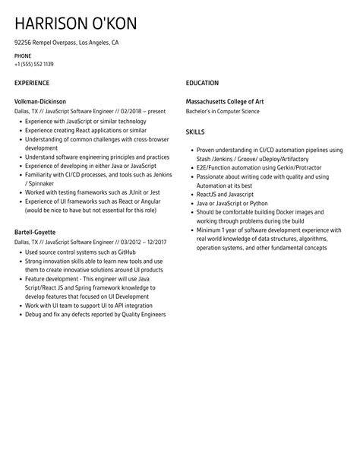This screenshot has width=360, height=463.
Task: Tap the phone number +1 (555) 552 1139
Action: point(34,64)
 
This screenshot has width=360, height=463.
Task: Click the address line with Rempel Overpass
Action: point(66,43)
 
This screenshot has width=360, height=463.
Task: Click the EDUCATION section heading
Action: point(202,83)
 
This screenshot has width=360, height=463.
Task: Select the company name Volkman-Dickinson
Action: point(40,101)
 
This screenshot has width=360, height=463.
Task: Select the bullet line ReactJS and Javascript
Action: point(226,195)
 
